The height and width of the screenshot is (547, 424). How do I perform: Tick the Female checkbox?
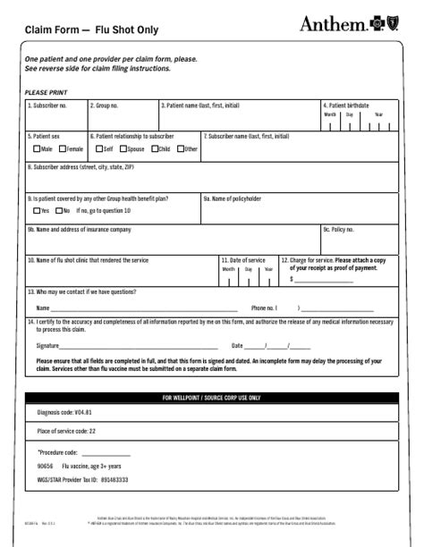(x=64, y=149)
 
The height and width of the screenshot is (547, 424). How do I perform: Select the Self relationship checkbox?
(x=98, y=149)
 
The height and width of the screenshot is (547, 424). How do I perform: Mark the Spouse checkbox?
(x=123, y=149)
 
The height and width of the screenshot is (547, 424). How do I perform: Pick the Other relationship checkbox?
(x=181, y=149)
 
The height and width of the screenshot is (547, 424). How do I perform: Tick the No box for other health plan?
(x=57, y=211)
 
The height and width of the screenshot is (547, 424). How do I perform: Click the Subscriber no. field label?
(x=47, y=105)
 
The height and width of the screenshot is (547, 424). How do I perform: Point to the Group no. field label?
(x=105, y=105)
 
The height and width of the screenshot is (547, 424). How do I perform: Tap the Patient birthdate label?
(x=347, y=105)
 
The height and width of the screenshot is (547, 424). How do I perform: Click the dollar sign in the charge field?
(x=292, y=279)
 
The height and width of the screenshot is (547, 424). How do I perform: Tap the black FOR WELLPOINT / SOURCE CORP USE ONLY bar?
(x=211, y=397)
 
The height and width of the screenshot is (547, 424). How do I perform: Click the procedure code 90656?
(x=46, y=466)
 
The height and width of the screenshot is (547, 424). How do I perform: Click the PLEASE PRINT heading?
(x=46, y=92)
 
